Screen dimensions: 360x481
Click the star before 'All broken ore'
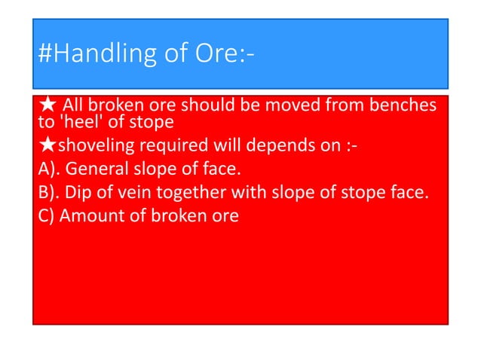[45, 105]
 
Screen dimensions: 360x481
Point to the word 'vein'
[130, 192]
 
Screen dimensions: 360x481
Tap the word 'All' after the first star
[72, 105]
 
